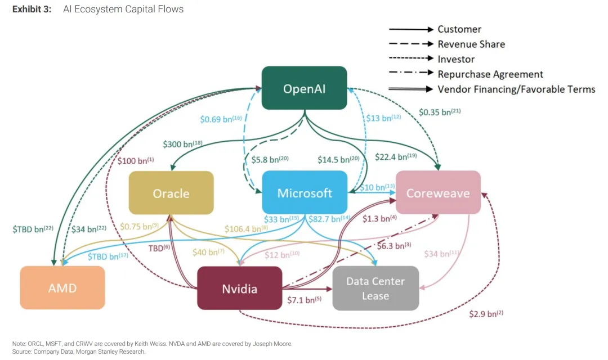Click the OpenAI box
click(304, 88)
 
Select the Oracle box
click(171, 193)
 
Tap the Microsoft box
click(305, 193)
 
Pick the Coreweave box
click(438, 193)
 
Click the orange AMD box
click(62, 288)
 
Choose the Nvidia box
click(239, 289)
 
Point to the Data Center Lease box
click(375, 289)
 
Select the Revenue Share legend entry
click(471, 44)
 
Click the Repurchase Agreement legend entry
click(490, 74)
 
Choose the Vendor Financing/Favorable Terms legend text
click(516, 89)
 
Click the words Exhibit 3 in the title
click(31, 10)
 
